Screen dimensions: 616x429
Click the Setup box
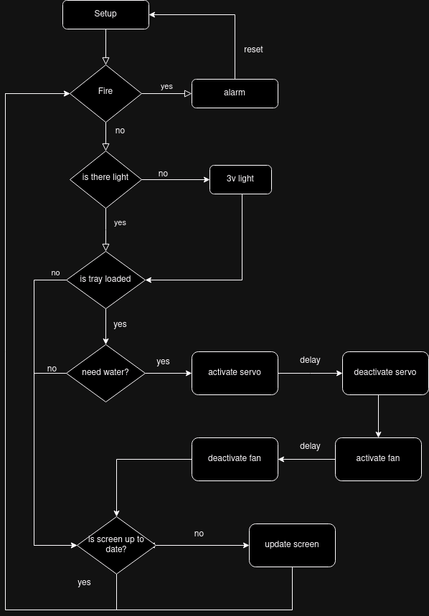point(105,14)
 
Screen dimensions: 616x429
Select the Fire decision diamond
point(105,93)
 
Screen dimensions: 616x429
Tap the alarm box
point(235,93)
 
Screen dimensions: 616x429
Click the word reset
point(253,49)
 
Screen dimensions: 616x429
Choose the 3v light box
point(240,179)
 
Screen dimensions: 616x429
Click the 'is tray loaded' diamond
point(105,279)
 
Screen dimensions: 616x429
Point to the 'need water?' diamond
point(105,373)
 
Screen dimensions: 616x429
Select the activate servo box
point(235,373)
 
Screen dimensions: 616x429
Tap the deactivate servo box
point(385,373)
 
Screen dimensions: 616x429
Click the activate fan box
point(378,459)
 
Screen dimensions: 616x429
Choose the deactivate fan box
point(235,459)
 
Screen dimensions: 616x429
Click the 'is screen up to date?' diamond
point(116,545)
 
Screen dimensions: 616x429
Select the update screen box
point(292,545)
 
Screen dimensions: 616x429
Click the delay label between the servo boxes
point(310,360)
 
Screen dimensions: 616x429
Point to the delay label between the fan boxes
point(310,446)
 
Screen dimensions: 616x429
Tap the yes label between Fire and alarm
point(166,86)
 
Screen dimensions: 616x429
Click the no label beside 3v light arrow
point(163,174)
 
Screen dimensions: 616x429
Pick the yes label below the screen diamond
point(84,582)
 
